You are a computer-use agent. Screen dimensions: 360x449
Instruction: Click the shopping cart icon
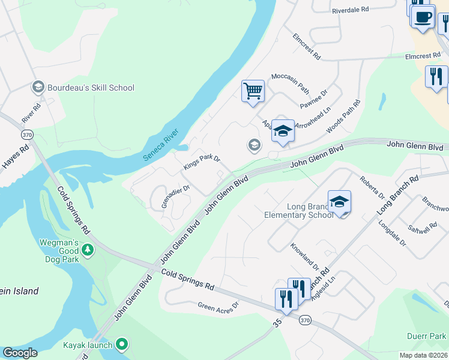coord(253,91)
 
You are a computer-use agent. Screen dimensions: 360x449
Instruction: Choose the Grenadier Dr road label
coord(176,196)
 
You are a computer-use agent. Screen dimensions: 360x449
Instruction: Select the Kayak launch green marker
coord(122,344)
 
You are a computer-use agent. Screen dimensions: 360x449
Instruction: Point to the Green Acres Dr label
coord(218,305)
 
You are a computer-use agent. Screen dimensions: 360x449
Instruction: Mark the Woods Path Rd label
coord(343,117)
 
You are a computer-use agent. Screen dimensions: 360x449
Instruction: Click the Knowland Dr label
coord(304,256)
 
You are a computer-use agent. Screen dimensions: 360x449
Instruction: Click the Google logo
coord(20,353)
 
